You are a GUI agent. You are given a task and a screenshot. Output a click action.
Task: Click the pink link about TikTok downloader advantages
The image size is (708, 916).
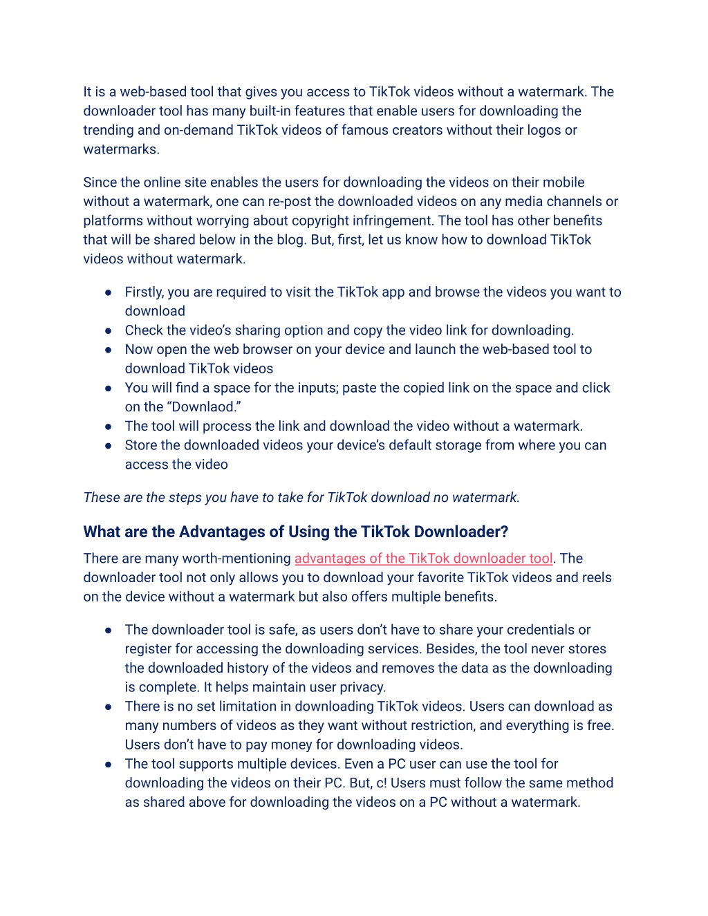[x=423, y=559]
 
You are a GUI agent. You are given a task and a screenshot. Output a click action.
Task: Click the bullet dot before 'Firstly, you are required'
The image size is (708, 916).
[x=109, y=292]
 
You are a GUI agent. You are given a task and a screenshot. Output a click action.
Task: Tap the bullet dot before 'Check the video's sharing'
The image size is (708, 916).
[x=109, y=330]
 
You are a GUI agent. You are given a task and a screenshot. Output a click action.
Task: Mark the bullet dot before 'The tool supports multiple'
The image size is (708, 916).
[x=109, y=765]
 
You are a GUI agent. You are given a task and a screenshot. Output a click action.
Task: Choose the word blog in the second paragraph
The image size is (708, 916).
[x=290, y=240]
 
